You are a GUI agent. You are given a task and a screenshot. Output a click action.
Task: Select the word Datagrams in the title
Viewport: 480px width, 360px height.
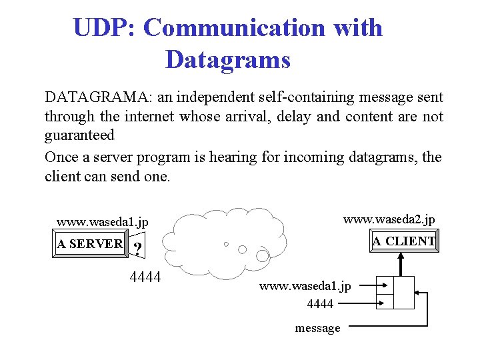(x=228, y=60)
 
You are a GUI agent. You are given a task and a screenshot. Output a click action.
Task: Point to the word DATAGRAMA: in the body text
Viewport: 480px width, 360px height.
(x=98, y=98)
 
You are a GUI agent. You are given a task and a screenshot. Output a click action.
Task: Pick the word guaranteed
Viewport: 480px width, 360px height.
(x=79, y=135)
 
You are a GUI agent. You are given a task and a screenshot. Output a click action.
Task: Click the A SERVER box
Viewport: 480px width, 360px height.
(x=90, y=244)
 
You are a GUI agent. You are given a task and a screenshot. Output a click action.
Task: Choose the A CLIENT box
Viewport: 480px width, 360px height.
(x=404, y=241)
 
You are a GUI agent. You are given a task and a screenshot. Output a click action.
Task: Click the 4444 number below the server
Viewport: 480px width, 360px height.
(x=145, y=277)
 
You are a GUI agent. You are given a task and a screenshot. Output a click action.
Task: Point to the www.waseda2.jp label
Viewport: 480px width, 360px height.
(x=389, y=219)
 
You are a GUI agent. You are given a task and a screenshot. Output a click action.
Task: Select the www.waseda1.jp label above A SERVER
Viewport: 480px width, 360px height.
(x=102, y=222)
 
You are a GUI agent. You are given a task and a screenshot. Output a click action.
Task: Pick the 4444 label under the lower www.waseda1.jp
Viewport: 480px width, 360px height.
(x=320, y=304)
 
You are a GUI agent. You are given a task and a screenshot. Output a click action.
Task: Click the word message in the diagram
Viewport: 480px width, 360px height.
(x=317, y=328)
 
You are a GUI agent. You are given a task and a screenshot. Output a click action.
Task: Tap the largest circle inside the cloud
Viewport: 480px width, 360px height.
(x=263, y=255)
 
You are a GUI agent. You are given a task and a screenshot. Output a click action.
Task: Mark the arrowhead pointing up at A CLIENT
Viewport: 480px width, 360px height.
(x=401, y=257)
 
